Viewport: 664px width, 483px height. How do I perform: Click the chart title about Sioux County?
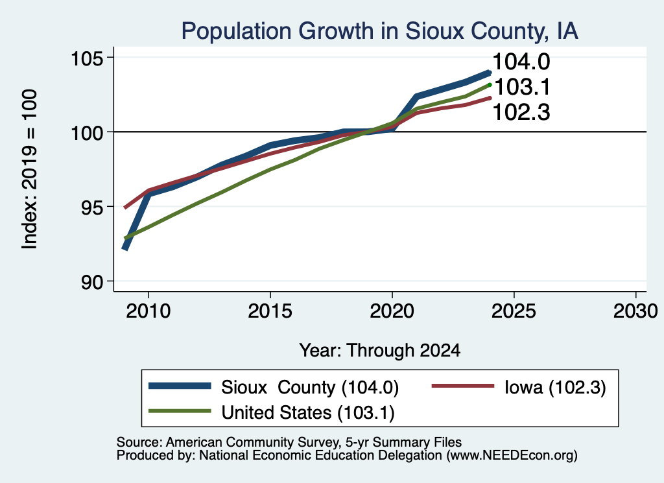[x=379, y=32]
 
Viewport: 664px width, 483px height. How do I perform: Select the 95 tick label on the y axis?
[x=93, y=207]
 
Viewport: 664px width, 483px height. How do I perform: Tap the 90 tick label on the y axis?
[x=93, y=282]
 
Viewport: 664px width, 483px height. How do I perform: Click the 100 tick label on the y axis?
[x=88, y=133]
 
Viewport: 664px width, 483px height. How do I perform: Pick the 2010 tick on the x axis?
[x=148, y=311]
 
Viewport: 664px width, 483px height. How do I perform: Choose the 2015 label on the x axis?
[x=270, y=311]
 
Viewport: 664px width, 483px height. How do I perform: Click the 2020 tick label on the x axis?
[x=392, y=311]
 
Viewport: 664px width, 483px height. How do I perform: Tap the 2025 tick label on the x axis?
[x=514, y=311]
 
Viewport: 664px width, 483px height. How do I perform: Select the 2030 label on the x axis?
[x=635, y=311]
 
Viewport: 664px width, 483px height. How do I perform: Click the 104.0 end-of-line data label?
[x=521, y=62]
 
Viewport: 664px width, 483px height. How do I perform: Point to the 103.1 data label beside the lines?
[x=522, y=88]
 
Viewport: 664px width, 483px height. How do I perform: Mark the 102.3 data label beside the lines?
[x=521, y=113]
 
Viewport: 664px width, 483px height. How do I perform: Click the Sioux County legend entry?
[x=274, y=387]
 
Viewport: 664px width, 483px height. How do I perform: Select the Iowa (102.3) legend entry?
[x=519, y=387]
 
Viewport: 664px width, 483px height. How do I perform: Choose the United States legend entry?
[x=272, y=412]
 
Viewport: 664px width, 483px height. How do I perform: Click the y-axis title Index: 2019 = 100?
[x=30, y=169]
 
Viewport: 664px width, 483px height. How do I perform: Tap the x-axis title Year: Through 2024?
[x=380, y=351]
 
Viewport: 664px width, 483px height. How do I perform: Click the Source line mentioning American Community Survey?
[x=289, y=442]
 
